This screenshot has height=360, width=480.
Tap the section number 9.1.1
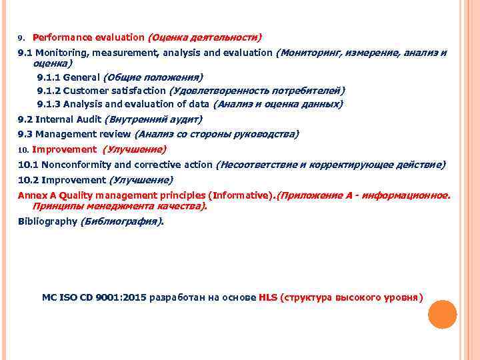49,77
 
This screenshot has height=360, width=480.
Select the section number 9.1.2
49,91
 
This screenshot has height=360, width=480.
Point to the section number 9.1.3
49,104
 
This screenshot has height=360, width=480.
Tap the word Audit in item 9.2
89,120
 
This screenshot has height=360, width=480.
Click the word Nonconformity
73,165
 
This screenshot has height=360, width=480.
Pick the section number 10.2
28,180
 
